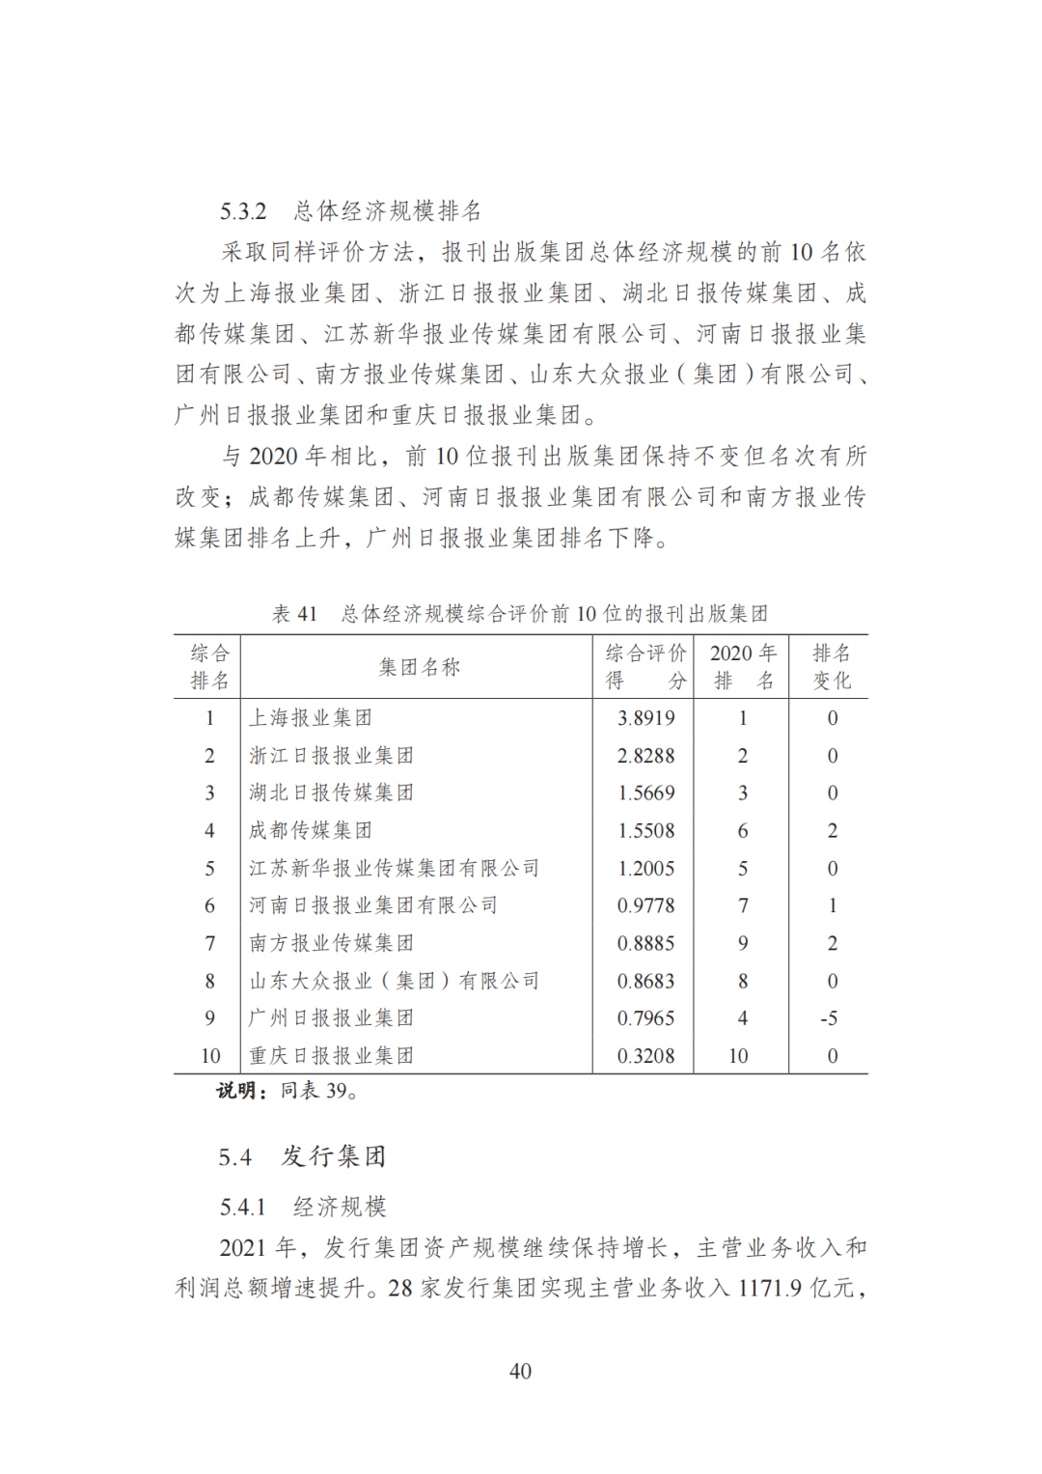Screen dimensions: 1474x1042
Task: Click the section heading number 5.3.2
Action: click(x=243, y=211)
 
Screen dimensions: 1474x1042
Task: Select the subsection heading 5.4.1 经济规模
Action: click(x=302, y=1207)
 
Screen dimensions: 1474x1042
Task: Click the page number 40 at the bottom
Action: click(x=520, y=1371)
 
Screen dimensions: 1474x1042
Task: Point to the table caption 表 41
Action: click(x=294, y=614)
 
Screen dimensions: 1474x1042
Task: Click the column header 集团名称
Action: click(x=419, y=667)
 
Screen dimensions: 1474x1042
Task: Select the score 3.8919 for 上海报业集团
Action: click(x=645, y=718)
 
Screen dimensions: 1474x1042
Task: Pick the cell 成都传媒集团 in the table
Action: click(x=311, y=830)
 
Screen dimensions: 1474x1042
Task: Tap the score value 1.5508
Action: click(x=645, y=830)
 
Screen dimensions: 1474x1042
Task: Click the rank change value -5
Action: click(x=829, y=1018)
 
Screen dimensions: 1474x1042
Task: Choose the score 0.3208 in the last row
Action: click(x=645, y=1056)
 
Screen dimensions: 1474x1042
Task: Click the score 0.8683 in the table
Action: click(x=645, y=981)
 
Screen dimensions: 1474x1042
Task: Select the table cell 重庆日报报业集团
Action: click(x=331, y=1056)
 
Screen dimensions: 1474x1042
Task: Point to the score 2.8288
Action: click(x=645, y=756)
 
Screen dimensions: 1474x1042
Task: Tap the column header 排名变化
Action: click(x=831, y=667)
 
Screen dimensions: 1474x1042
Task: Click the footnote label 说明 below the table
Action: click(x=235, y=1091)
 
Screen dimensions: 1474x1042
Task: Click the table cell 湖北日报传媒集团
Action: click(x=331, y=793)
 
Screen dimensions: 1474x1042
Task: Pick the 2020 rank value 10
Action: click(x=738, y=1056)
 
